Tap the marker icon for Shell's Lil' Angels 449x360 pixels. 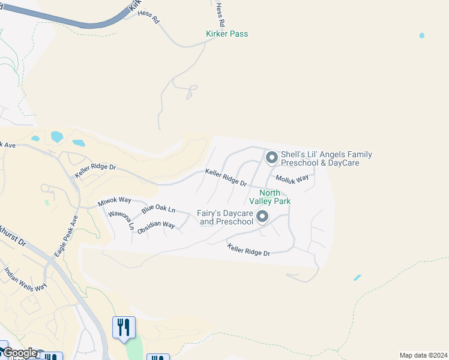pos(272,158)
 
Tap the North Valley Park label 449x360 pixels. pos(275,197)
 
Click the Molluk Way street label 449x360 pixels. pos(292,178)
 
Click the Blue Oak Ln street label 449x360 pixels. pos(158,210)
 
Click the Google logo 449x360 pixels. pos(20,353)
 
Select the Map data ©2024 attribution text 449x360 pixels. pos(423,355)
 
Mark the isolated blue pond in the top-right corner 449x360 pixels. pos(422,36)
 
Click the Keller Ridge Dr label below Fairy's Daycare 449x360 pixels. pos(248,249)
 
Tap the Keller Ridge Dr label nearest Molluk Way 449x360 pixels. pos(226,176)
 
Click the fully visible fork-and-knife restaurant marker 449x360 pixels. pos(124,328)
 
